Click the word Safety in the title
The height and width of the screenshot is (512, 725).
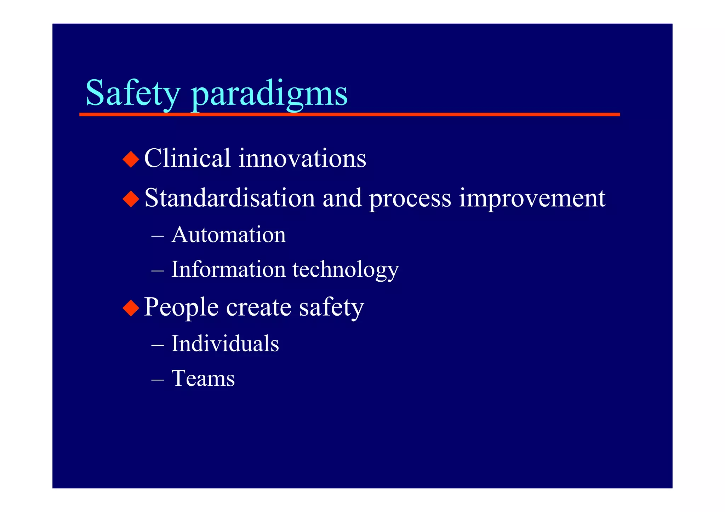133,93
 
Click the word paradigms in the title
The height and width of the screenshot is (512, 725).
269,94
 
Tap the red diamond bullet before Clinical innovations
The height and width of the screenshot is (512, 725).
131,159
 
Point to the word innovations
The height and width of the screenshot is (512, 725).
302,158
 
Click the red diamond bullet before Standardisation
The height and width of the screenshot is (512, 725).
131,199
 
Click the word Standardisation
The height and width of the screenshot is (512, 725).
230,198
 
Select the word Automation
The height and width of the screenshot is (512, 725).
228,235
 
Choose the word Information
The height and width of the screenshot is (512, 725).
228,269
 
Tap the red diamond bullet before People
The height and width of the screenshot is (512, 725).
131,307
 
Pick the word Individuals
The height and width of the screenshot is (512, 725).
225,344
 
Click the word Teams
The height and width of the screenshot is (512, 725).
203,379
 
